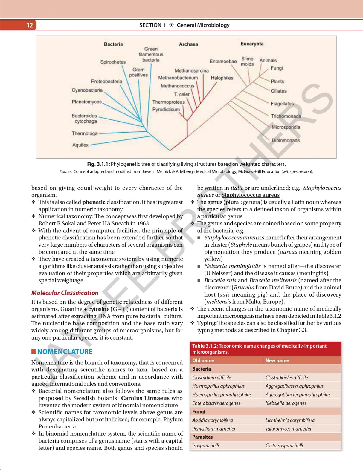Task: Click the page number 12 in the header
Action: [x=30, y=25]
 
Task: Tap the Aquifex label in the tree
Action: [x=80, y=145]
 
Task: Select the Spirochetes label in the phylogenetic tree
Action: [x=113, y=62]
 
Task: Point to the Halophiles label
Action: [x=222, y=78]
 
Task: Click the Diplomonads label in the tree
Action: [x=285, y=140]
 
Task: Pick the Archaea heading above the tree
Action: [x=188, y=44]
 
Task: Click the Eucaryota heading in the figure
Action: [x=252, y=44]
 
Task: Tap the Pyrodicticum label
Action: [x=166, y=109]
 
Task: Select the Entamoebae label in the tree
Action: [x=223, y=61]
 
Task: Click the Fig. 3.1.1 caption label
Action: [x=98, y=164]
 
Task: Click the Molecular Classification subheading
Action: [x=65, y=293]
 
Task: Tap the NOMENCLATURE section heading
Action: [x=65, y=351]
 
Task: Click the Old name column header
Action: [x=203, y=360]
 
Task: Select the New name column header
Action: [x=277, y=360]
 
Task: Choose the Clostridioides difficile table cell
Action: [x=286, y=377]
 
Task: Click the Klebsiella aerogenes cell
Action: [x=286, y=403]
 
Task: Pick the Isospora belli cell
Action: [x=205, y=445]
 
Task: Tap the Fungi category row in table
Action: [x=199, y=411]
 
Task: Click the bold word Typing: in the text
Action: [x=207, y=323]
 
